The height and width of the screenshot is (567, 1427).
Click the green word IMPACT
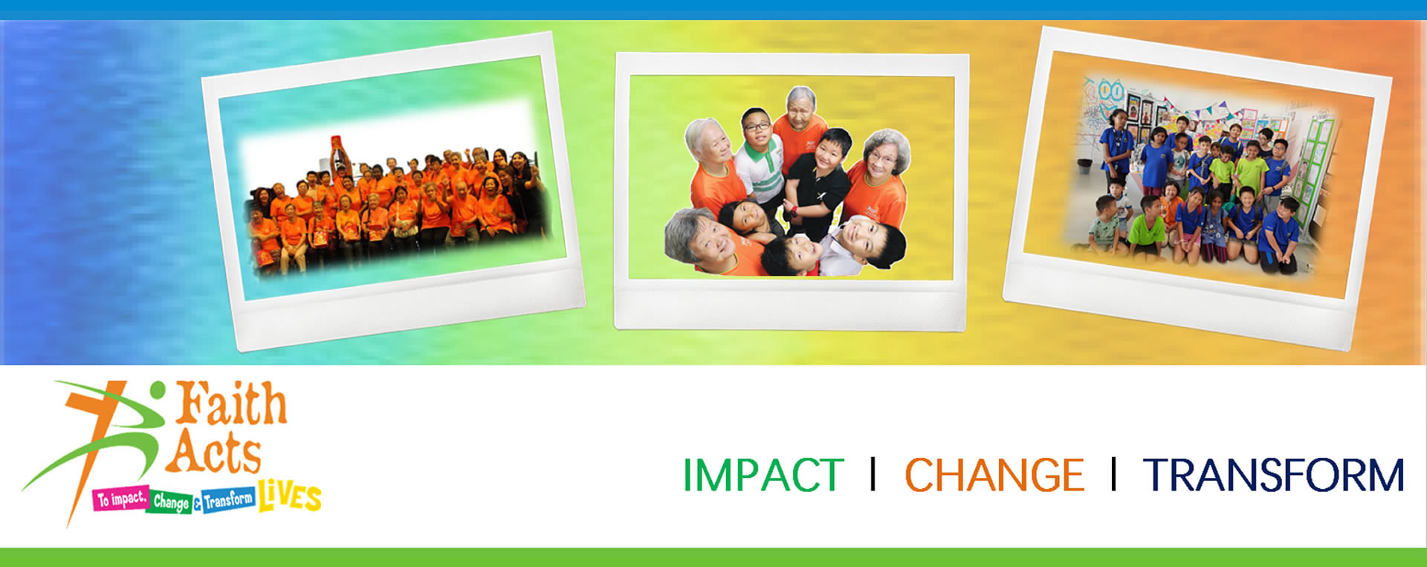(x=763, y=475)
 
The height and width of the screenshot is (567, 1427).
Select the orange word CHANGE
(x=994, y=475)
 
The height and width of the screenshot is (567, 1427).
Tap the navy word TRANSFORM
(x=1274, y=475)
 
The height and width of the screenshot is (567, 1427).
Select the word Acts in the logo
(x=214, y=452)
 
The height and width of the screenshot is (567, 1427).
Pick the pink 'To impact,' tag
(x=122, y=499)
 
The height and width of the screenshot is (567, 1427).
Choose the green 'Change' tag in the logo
(x=172, y=502)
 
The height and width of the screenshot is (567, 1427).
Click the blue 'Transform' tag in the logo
(x=229, y=499)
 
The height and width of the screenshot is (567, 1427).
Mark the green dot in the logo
(x=157, y=389)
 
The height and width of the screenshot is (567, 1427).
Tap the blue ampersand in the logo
(x=198, y=505)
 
